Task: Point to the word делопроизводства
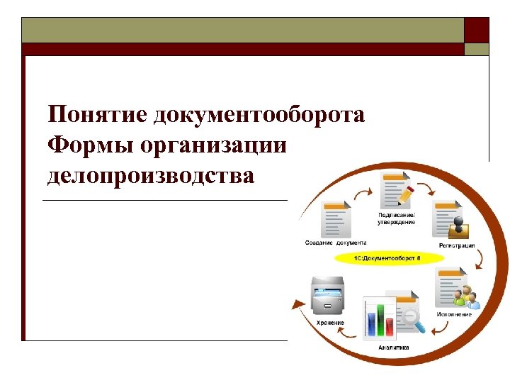(150, 175)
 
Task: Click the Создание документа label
(336, 243)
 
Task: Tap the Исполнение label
(454, 314)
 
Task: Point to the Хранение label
(330, 323)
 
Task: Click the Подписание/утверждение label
(397, 218)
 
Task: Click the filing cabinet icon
(328, 298)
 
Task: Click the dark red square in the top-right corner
(476, 30)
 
